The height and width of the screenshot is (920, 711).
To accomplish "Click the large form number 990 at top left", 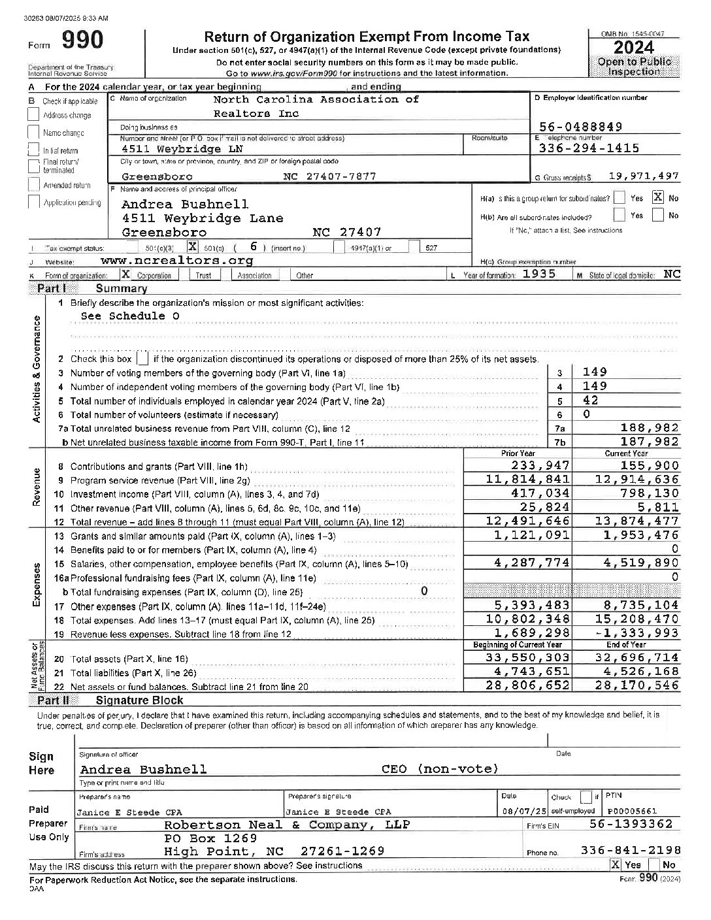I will [82, 41].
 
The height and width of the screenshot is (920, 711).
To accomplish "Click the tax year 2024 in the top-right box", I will [634, 47].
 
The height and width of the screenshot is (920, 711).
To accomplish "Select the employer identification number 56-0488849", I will [580, 127].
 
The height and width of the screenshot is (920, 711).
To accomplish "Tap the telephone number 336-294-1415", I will [589, 148].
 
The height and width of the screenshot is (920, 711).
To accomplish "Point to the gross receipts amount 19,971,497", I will [644, 176].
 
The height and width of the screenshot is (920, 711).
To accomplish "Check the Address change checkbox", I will [34, 114].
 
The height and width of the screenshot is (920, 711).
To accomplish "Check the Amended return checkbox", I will [34, 184].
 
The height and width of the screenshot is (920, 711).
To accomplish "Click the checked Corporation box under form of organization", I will [125, 275].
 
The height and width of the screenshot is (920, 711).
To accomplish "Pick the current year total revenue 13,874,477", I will [637, 521].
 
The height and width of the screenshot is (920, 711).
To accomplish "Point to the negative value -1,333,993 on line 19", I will [637, 632].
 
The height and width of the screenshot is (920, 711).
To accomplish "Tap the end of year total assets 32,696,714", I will [637, 657].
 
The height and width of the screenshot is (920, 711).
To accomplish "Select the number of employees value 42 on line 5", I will [590, 401].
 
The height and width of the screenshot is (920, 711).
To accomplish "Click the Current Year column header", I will [626, 453].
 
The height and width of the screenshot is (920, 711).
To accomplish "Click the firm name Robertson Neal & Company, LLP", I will [286, 825].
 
